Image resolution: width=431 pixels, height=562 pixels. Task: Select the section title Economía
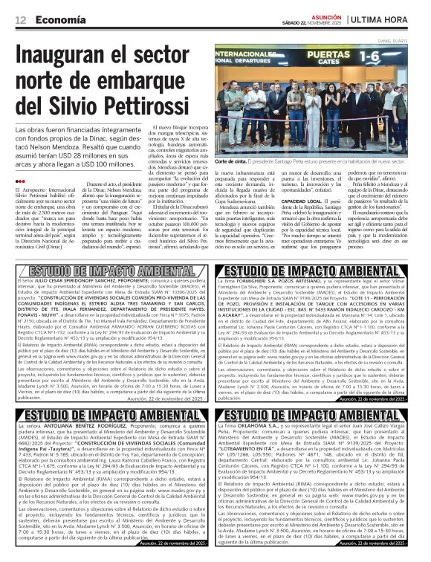(x=57, y=19)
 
